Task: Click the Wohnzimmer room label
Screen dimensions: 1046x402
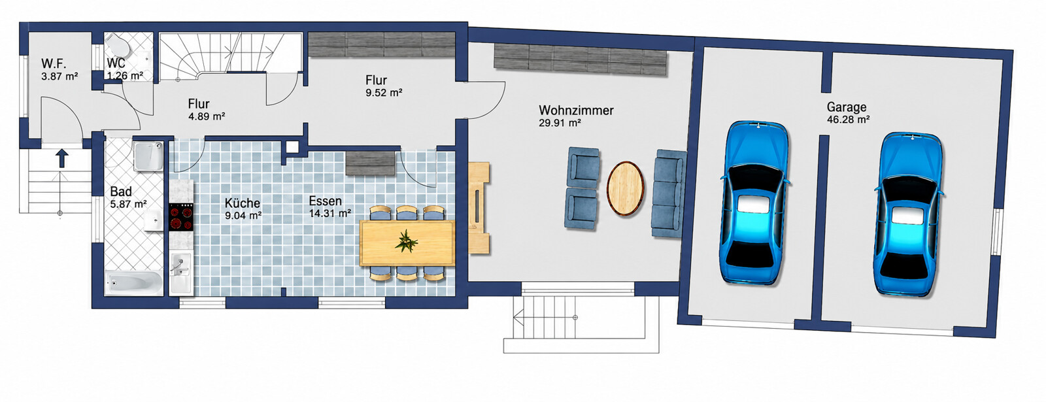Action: coord(576,110)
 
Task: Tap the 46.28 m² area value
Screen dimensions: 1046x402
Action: coord(848,120)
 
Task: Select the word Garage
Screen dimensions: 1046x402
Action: coord(847,107)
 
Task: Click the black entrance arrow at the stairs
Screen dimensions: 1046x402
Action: coord(61,158)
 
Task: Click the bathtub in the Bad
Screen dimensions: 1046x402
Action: coord(134,282)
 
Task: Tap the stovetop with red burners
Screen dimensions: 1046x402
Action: coord(180,218)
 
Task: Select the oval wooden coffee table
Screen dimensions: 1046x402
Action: coord(625,188)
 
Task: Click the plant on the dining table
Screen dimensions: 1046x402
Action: coord(406,241)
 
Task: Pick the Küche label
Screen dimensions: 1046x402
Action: coord(243,203)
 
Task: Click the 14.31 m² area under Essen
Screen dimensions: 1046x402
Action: coord(329,213)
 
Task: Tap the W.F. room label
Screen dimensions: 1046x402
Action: coord(54,63)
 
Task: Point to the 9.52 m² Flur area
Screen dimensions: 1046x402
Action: coord(384,93)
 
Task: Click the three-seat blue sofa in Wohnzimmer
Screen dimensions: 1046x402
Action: coord(668,193)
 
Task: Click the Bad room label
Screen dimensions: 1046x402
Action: coord(121,192)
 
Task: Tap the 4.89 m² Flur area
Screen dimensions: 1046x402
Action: coord(207,116)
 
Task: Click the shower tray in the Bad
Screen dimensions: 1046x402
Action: coord(148,156)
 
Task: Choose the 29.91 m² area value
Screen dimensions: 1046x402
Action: coord(560,124)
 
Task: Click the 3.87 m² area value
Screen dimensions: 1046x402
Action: coord(59,76)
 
